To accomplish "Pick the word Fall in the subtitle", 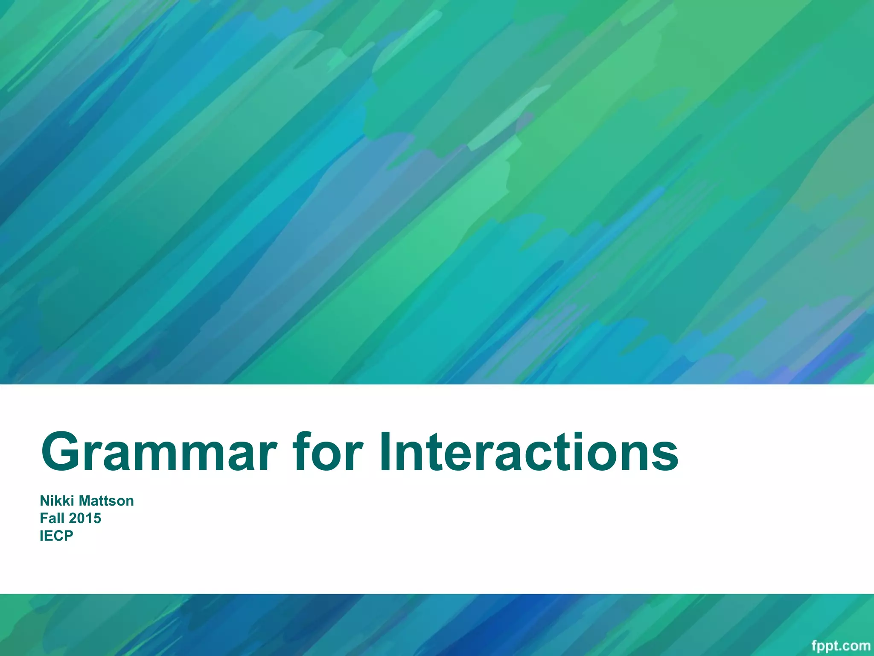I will coord(52,518).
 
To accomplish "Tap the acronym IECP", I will coord(56,536).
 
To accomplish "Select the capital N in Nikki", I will coord(44,501).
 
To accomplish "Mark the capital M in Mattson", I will coord(85,501).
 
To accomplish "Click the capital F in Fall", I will coord(44,518).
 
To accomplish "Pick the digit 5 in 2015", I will coord(98,518).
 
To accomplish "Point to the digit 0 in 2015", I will coord(81,518).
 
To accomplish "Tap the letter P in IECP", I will coord(68,536).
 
